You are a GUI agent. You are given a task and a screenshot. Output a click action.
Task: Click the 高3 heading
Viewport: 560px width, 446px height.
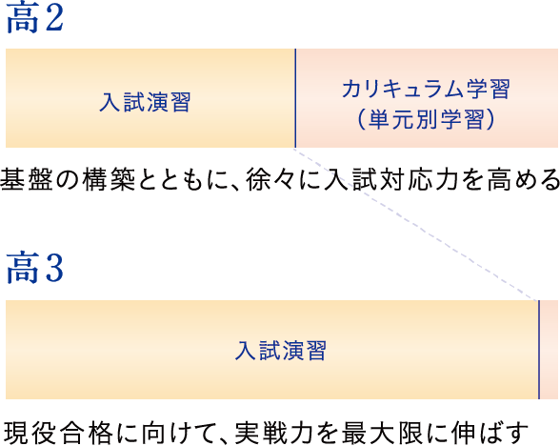pyautogui.click(x=34, y=268)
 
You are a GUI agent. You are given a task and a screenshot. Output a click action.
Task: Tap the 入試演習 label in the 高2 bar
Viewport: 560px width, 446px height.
pyautogui.click(x=145, y=102)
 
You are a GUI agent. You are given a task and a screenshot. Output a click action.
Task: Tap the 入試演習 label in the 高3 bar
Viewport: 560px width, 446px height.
pyautogui.click(x=280, y=351)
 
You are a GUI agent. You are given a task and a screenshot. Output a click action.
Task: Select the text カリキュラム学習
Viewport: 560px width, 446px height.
pyautogui.click(x=426, y=89)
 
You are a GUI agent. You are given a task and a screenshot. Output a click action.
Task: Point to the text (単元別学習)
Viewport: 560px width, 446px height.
pyautogui.click(x=426, y=119)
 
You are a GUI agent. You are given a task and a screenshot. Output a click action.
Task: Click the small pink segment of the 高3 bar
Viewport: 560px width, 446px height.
pyautogui.click(x=549, y=350)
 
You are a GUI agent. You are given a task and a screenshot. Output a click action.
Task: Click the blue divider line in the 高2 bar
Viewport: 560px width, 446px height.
pyautogui.click(x=295, y=98)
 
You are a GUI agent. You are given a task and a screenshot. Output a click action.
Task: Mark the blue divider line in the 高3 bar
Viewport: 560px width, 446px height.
pyautogui.click(x=539, y=350)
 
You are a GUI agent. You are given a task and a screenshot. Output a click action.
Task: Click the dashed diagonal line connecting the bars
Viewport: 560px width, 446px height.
pyautogui.click(x=416, y=225)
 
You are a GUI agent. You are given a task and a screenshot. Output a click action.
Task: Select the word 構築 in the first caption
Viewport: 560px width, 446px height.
pyautogui.click(x=110, y=179)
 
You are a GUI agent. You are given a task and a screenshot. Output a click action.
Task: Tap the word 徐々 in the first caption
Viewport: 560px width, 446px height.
pyautogui.click(x=271, y=179)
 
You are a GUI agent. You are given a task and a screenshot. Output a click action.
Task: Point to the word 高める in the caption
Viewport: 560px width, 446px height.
pyautogui.click(x=524, y=179)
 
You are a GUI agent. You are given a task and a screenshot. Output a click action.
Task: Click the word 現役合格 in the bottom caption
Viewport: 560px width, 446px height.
pyautogui.click(x=58, y=433)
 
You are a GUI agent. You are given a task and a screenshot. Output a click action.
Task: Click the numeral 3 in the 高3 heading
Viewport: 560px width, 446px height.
pyautogui.click(x=54, y=268)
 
